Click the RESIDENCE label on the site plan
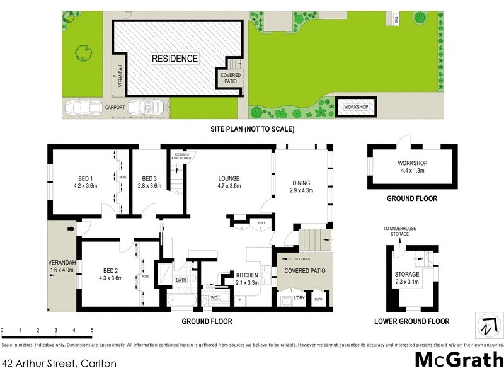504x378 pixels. (x=175, y=59)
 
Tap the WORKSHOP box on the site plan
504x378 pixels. (x=355, y=107)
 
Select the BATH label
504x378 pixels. (x=181, y=280)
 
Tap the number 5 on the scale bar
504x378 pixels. (x=92, y=330)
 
